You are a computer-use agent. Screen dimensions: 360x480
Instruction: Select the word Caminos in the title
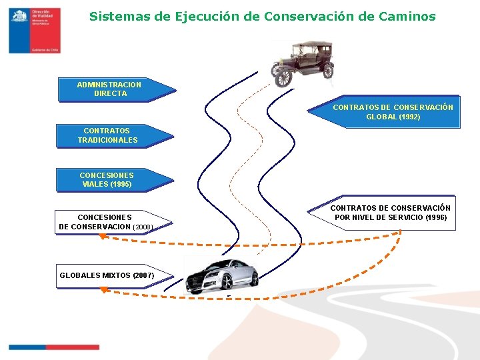[409, 16]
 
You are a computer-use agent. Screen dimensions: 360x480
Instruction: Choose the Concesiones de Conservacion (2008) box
[106, 222]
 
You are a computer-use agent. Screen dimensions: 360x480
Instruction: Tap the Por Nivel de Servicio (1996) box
[391, 213]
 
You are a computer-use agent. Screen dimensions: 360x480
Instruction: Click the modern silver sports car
[221, 275]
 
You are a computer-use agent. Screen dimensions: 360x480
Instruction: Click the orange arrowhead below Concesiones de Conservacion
[102, 235]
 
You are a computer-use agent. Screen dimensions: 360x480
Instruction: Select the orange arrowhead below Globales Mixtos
[103, 289]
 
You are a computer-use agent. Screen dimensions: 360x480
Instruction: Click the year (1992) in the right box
[409, 117]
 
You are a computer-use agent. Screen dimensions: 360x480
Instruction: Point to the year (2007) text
[143, 275]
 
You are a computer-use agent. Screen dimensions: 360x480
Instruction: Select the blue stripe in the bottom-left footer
[27, 347]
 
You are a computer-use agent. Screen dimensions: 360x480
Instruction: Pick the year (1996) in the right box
[435, 217]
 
